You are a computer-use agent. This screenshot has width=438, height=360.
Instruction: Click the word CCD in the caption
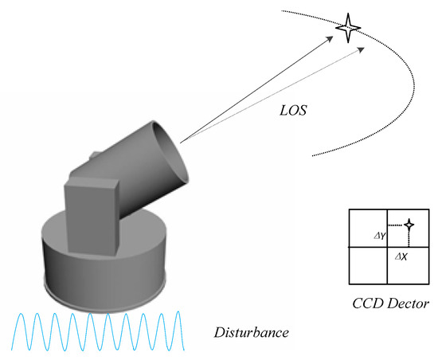[x=368, y=303]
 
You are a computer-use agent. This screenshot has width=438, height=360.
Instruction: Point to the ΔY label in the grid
[x=380, y=236]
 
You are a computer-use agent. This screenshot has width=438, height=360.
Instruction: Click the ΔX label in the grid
[x=401, y=257]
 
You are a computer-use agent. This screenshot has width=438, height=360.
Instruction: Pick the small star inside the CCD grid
[x=409, y=225]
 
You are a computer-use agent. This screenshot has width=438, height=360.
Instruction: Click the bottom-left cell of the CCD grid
[x=368, y=264]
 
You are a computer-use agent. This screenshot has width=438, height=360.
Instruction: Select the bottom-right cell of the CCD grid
[x=405, y=264]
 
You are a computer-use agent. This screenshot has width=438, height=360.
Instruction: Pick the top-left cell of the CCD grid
[x=368, y=228]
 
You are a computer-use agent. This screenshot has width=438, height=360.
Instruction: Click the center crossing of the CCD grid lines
[x=387, y=246]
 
